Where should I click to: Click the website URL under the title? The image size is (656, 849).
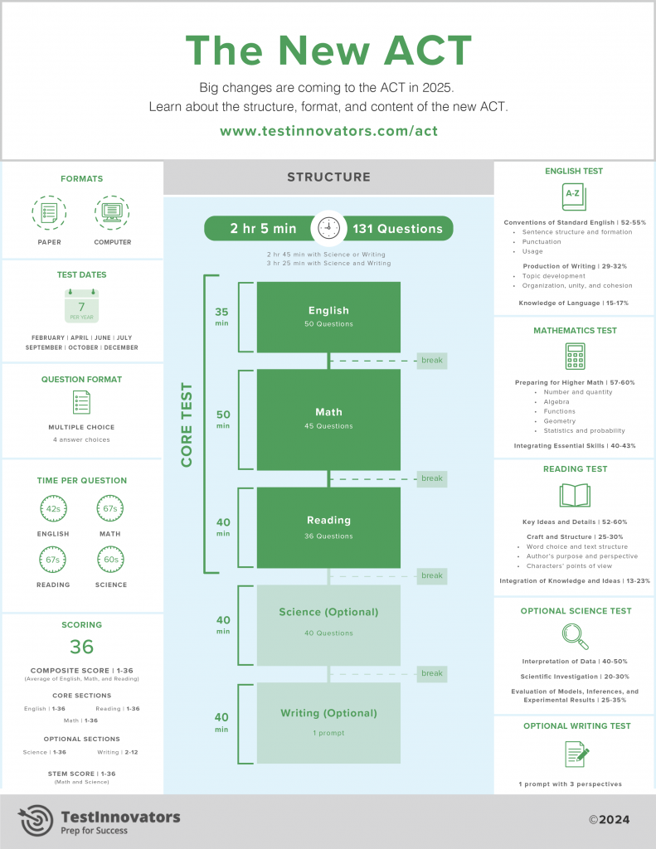[x=328, y=131]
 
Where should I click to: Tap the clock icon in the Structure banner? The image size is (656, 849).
[x=328, y=228]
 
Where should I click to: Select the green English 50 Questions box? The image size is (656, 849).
[x=328, y=317]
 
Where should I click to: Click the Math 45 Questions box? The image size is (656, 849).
[x=328, y=419]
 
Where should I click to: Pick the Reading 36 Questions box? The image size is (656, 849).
[x=328, y=528]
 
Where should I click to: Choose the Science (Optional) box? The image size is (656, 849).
[x=328, y=623]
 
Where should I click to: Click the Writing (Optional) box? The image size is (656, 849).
[x=328, y=722]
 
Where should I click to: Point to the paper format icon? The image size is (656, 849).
[x=49, y=213]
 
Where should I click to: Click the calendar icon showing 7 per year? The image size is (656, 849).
[x=81, y=306]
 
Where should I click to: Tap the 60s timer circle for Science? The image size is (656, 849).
[x=110, y=560]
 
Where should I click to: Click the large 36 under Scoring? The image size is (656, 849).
[x=81, y=647]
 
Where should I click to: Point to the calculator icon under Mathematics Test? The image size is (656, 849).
[x=575, y=356]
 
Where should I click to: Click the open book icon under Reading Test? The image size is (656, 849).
[x=575, y=496]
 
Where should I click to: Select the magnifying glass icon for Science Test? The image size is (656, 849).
[x=575, y=636]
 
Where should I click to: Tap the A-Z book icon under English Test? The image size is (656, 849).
[x=574, y=196]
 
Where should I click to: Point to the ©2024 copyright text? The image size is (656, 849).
[x=610, y=820]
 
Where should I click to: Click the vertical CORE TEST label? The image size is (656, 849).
[x=187, y=424]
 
